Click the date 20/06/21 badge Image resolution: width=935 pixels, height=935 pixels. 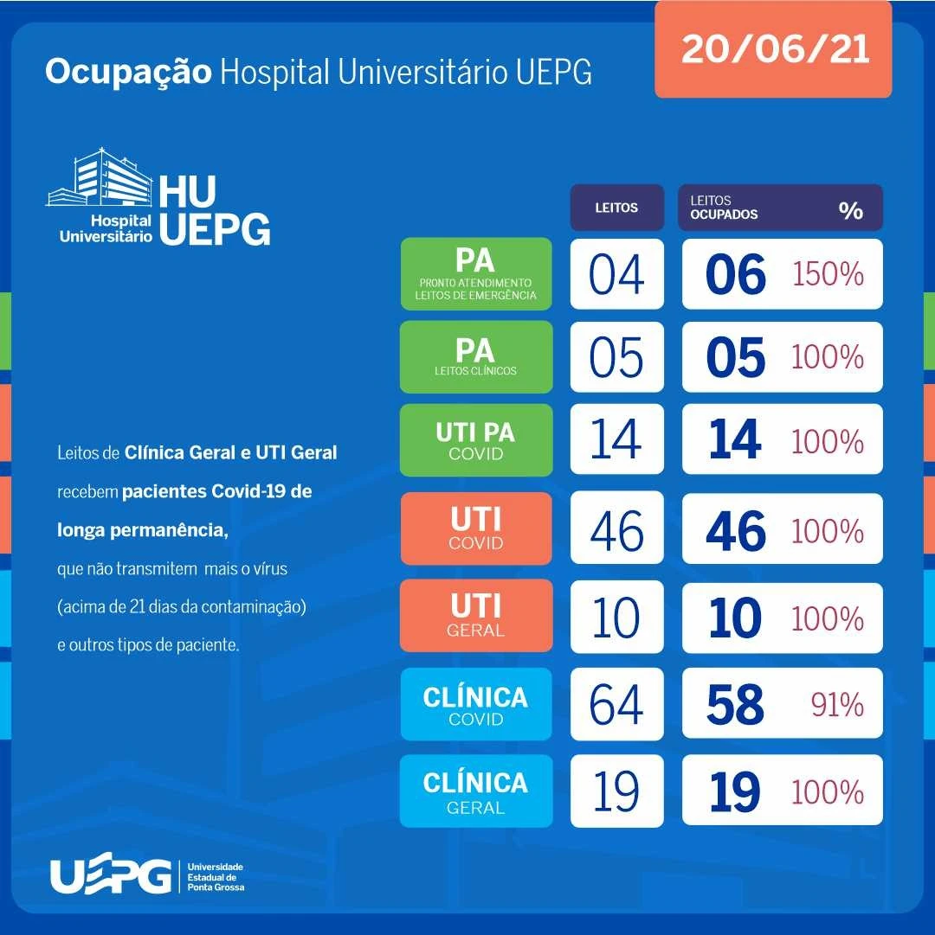773,49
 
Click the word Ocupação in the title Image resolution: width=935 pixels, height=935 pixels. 128,73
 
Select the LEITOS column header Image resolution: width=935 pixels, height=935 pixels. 616,208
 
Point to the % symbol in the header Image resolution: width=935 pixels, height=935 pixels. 850,210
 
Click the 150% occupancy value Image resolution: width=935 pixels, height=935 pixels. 828,274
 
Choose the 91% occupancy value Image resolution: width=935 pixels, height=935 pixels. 837,705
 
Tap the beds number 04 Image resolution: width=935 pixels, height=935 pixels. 616,274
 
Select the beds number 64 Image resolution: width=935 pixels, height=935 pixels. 616,704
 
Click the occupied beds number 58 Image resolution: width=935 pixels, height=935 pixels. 735,705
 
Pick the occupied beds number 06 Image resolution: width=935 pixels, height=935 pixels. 735,275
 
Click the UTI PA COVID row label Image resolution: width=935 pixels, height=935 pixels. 475,440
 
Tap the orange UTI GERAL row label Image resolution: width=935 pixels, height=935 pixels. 475,615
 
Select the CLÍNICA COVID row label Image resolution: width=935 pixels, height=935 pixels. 475,704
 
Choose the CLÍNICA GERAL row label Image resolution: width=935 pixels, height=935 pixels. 475,791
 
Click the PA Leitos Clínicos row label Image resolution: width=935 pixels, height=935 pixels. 475,356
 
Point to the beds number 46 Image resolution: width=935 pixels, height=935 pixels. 616,530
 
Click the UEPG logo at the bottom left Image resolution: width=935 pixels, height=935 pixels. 110,876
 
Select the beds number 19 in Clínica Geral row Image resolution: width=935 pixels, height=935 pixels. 616,791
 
